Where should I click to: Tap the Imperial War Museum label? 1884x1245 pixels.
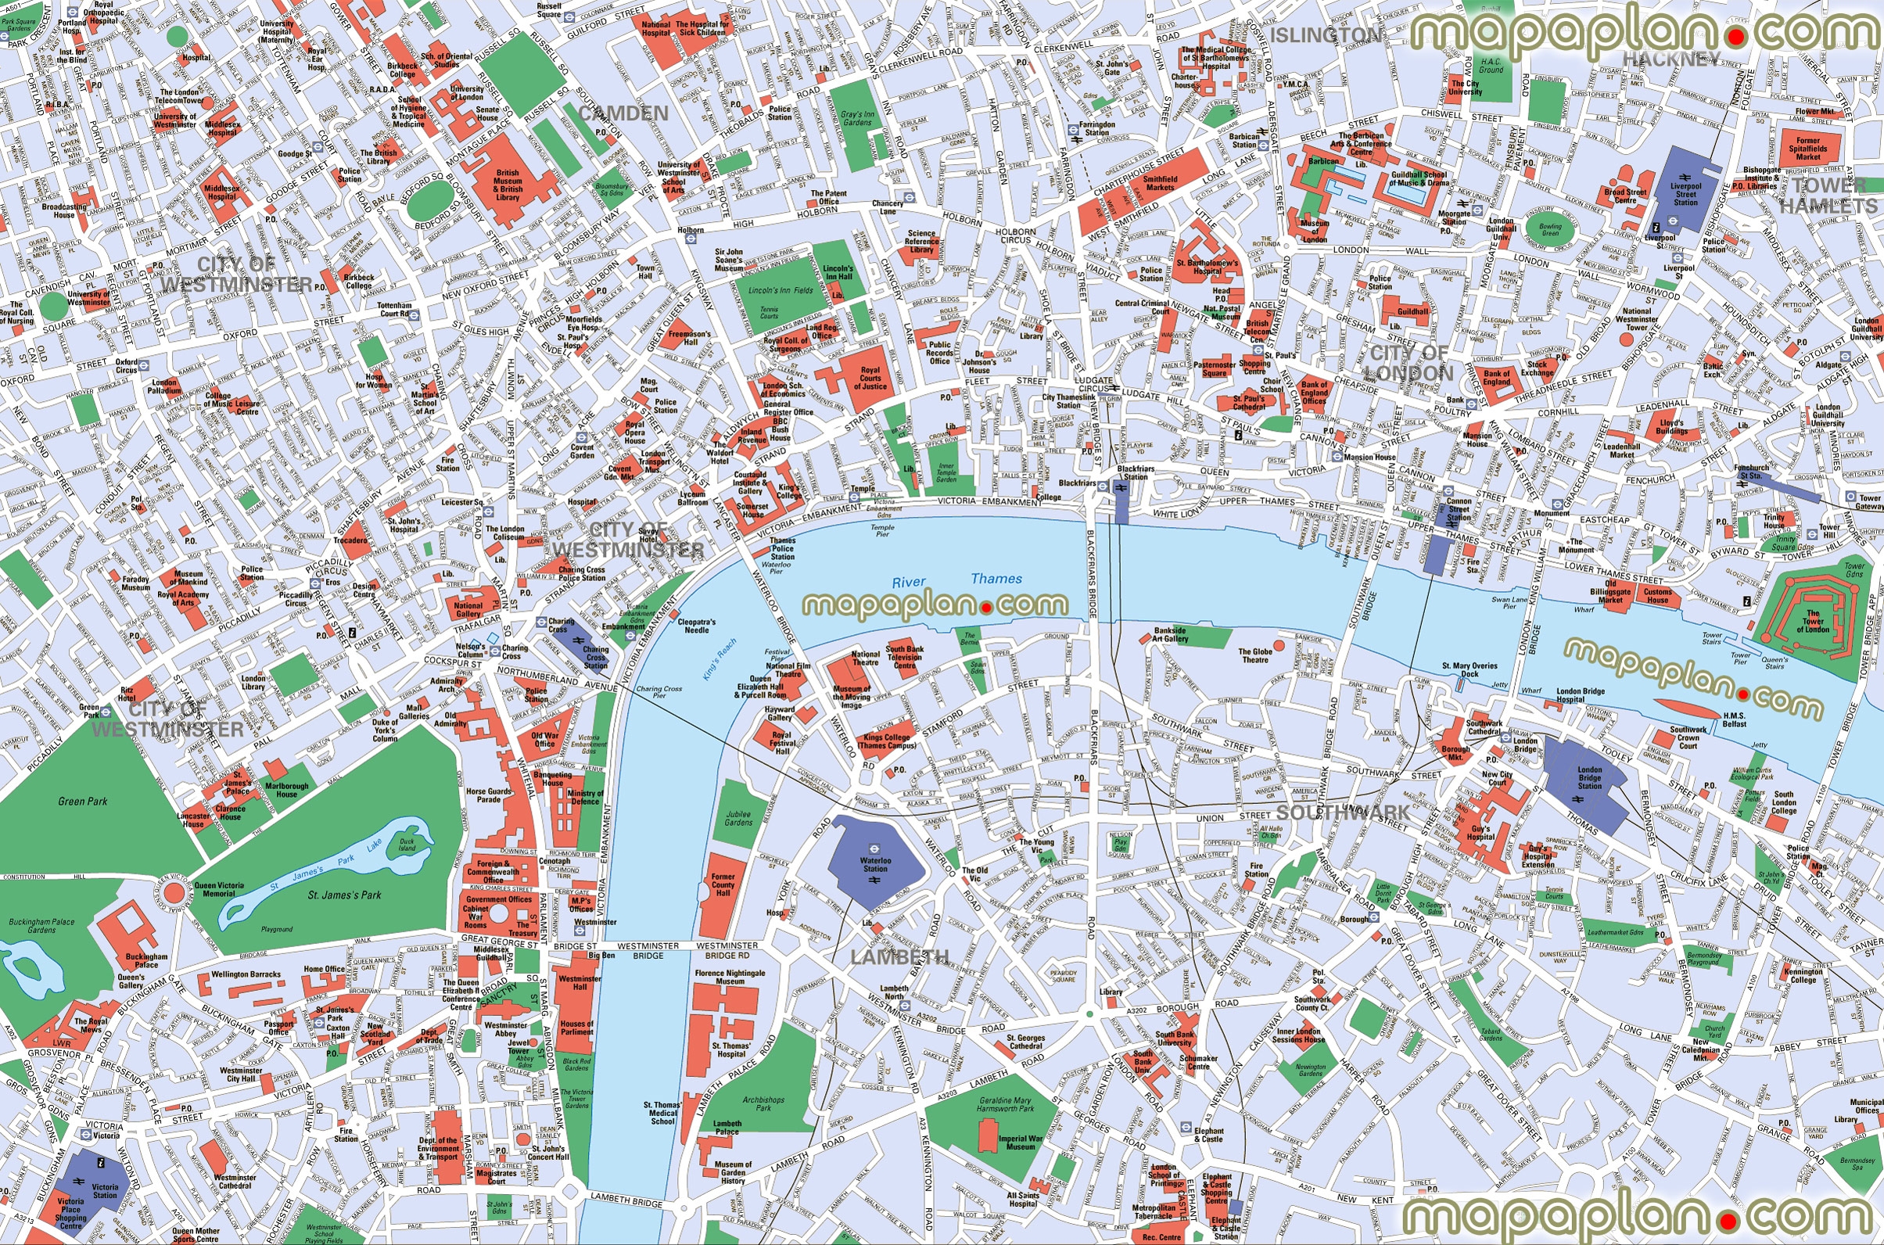1020,1143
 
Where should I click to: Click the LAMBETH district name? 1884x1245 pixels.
899,956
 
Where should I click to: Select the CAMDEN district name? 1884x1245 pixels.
623,113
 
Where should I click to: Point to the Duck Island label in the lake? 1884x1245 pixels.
407,844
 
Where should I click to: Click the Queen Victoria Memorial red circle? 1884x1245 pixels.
174,894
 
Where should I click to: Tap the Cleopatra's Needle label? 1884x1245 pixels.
696,626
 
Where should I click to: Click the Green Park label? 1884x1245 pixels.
83,801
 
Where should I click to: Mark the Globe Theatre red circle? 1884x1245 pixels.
1279,645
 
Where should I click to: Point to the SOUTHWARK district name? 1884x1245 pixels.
1343,813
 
